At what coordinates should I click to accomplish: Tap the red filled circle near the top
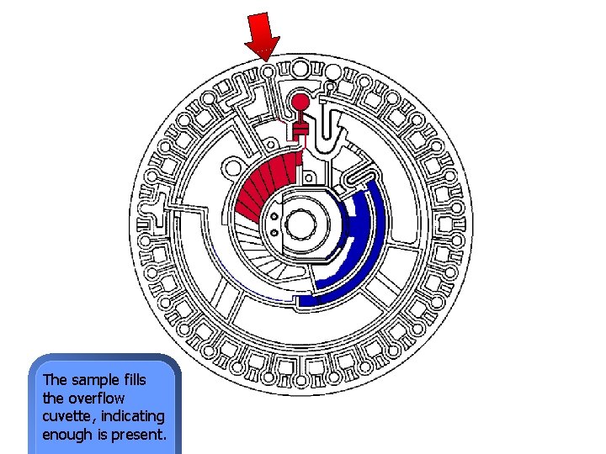coord(299,103)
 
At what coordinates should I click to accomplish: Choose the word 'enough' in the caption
coord(68,435)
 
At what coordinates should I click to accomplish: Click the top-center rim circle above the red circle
coord(300,67)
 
